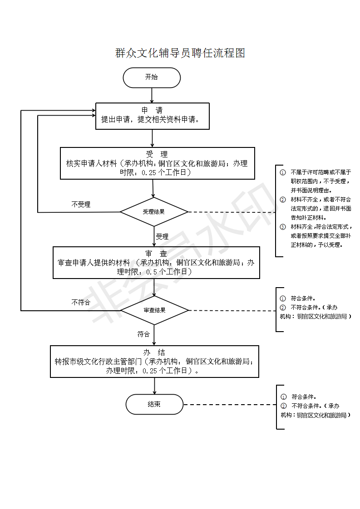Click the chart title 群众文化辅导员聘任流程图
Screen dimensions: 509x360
[180, 53]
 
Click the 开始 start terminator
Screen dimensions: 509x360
[152, 78]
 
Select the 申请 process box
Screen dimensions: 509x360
[152, 116]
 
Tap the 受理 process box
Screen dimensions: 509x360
[157, 163]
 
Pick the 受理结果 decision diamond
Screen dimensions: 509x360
[154, 212]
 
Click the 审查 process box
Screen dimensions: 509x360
[156, 262]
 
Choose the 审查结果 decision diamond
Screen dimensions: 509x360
[154, 310]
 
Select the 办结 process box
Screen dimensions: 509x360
[154, 361]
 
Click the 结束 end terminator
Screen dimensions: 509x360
[154, 404]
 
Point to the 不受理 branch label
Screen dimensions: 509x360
[81, 205]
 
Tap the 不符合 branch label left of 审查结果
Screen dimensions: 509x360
[81, 303]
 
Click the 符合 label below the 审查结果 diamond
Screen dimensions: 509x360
[143, 334]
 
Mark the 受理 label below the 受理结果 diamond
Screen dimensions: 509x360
[162, 237]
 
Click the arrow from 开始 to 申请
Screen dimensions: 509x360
[152, 95]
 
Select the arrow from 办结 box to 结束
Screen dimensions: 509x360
[155, 386]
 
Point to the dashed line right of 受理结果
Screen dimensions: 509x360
[231, 212]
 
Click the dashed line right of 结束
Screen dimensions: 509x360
[229, 404]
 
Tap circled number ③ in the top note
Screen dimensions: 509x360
[283, 227]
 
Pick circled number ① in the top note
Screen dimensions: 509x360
[283, 172]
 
